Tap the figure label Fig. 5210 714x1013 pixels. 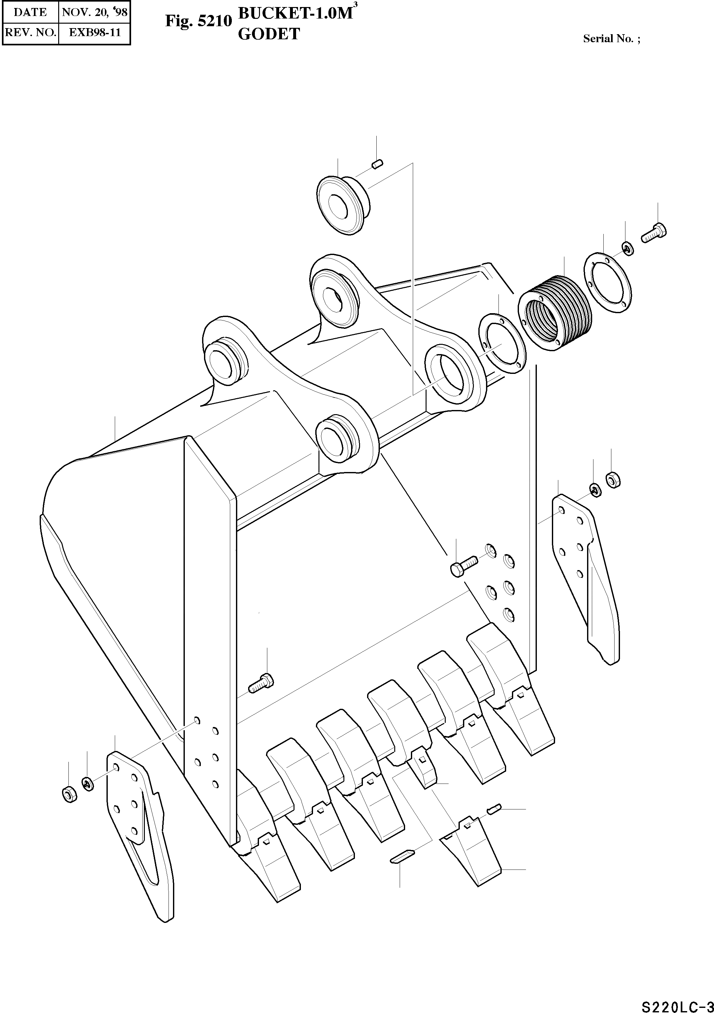click(x=198, y=21)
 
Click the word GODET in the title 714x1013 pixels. click(x=269, y=34)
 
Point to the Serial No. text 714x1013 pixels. click(x=612, y=39)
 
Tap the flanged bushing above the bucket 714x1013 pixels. click(x=343, y=204)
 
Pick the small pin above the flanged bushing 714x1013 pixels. click(x=377, y=165)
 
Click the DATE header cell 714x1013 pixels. click(x=30, y=12)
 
